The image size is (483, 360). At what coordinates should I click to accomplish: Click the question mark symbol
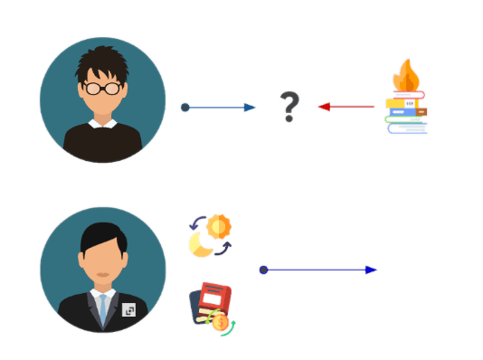[289, 106]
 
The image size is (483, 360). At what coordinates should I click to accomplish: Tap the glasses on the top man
[101, 88]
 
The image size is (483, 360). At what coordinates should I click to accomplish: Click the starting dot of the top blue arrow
[185, 107]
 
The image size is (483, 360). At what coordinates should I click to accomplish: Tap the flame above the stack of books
[406, 76]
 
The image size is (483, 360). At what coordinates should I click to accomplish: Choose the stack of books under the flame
[407, 115]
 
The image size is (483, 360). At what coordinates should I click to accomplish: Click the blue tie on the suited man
[102, 308]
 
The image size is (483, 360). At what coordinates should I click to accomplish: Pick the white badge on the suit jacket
[128, 309]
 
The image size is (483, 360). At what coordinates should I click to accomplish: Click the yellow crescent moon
[200, 242]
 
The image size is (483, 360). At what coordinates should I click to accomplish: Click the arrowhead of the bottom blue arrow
[371, 270]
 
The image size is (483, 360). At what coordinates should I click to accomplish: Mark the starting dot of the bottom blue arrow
[262, 270]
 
